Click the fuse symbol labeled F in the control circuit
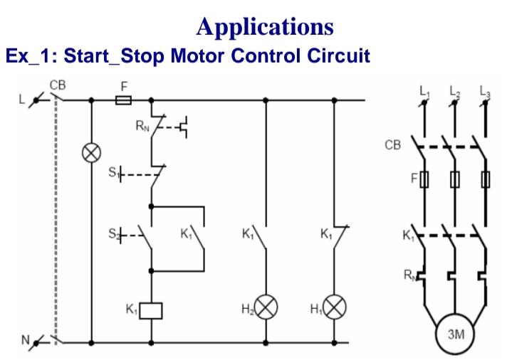click(123, 100)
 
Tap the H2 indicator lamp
click(266, 309)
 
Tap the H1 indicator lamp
click(335, 309)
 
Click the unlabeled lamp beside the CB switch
click(91, 153)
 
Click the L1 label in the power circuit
click(424, 90)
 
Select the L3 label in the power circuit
click(486, 90)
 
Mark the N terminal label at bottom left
click(25, 339)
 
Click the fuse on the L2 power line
click(454, 179)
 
